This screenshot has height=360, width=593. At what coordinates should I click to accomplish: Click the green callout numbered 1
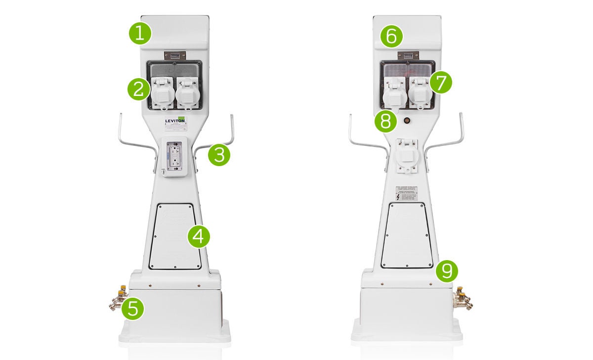point(140,34)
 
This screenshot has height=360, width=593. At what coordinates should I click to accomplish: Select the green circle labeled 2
point(139,90)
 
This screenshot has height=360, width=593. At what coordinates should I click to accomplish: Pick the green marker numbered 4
point(199,237)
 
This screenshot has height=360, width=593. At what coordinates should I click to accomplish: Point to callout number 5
point(133,309)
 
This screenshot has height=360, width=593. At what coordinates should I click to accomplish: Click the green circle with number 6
point(391,37)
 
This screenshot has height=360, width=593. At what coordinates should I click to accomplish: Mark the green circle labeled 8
point(385,121)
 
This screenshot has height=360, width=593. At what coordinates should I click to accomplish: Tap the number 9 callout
point(447,270)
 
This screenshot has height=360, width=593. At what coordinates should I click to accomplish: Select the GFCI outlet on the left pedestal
point(175,156)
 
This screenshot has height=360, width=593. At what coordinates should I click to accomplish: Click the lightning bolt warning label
point(398,196)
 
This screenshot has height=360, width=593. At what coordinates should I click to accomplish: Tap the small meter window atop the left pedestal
point(175,56)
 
